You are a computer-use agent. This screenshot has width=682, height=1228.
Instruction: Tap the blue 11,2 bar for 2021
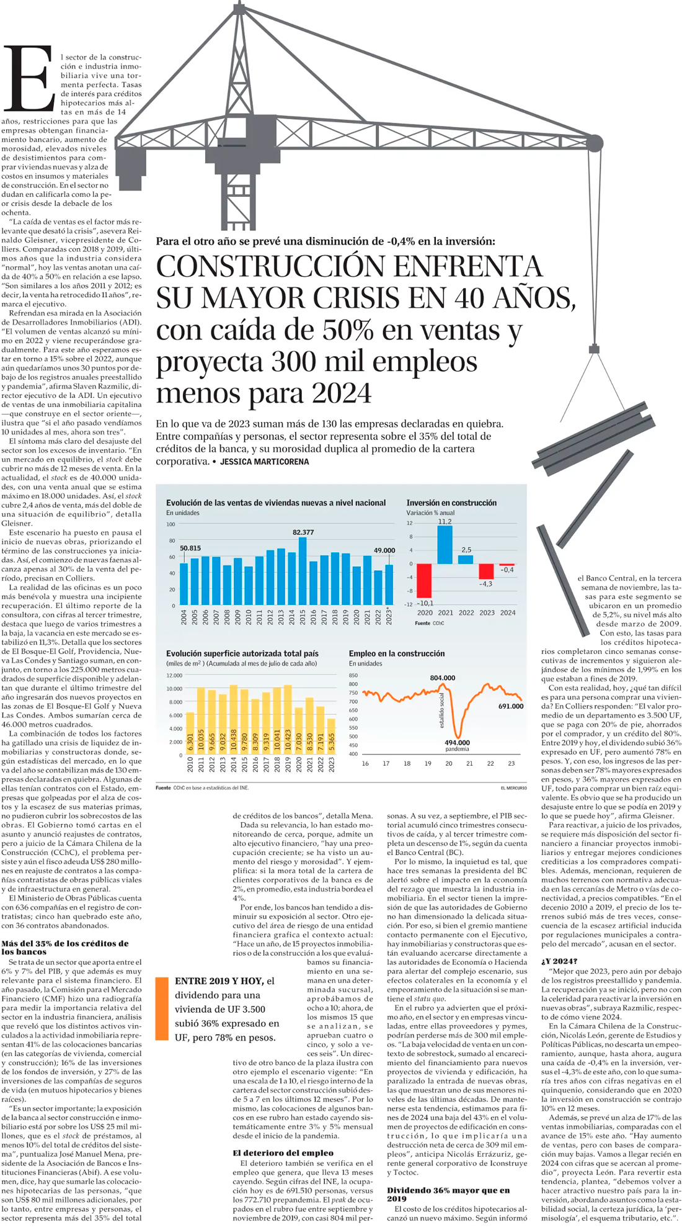click(x=445, y=545)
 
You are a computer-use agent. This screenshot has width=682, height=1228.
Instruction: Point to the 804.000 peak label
click(x=442, y=678)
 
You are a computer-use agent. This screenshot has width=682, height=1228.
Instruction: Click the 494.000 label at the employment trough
click(x=458, y=742)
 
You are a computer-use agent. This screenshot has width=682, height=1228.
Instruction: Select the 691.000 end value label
click(x=511, y=706)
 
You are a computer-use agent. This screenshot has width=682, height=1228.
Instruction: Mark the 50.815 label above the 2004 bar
click(x=190, y=548)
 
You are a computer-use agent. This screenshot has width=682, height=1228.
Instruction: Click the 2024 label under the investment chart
click(x=508, y=612)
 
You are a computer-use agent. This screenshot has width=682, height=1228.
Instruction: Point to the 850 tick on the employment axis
click(x=353, y=675)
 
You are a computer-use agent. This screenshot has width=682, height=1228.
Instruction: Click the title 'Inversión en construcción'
click(x=451, y=503)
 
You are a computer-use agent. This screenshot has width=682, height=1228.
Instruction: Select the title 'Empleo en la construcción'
click(x=397, y=653)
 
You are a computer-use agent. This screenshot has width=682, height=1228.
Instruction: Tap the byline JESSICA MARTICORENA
click(x=264, y=462)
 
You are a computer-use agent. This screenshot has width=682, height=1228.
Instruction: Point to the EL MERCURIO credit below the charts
click(x=513, y=788)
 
